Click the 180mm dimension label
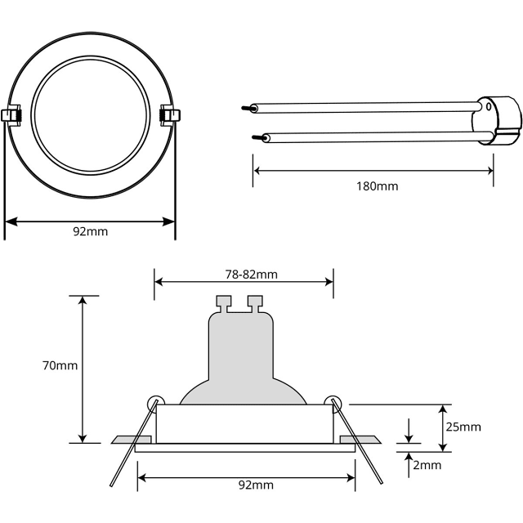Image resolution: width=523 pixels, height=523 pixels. point(377,186)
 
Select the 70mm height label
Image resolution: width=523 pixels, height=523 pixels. point(61,365)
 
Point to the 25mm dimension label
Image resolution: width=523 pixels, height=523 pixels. point(464,427)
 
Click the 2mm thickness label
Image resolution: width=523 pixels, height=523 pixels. point(427,465)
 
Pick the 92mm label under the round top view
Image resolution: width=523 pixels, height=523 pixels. point(90,231)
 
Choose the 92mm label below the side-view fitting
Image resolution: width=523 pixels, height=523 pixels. point(256,485)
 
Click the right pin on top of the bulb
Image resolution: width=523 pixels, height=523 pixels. point(254,303)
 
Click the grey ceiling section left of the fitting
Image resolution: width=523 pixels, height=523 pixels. point(124,440)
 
